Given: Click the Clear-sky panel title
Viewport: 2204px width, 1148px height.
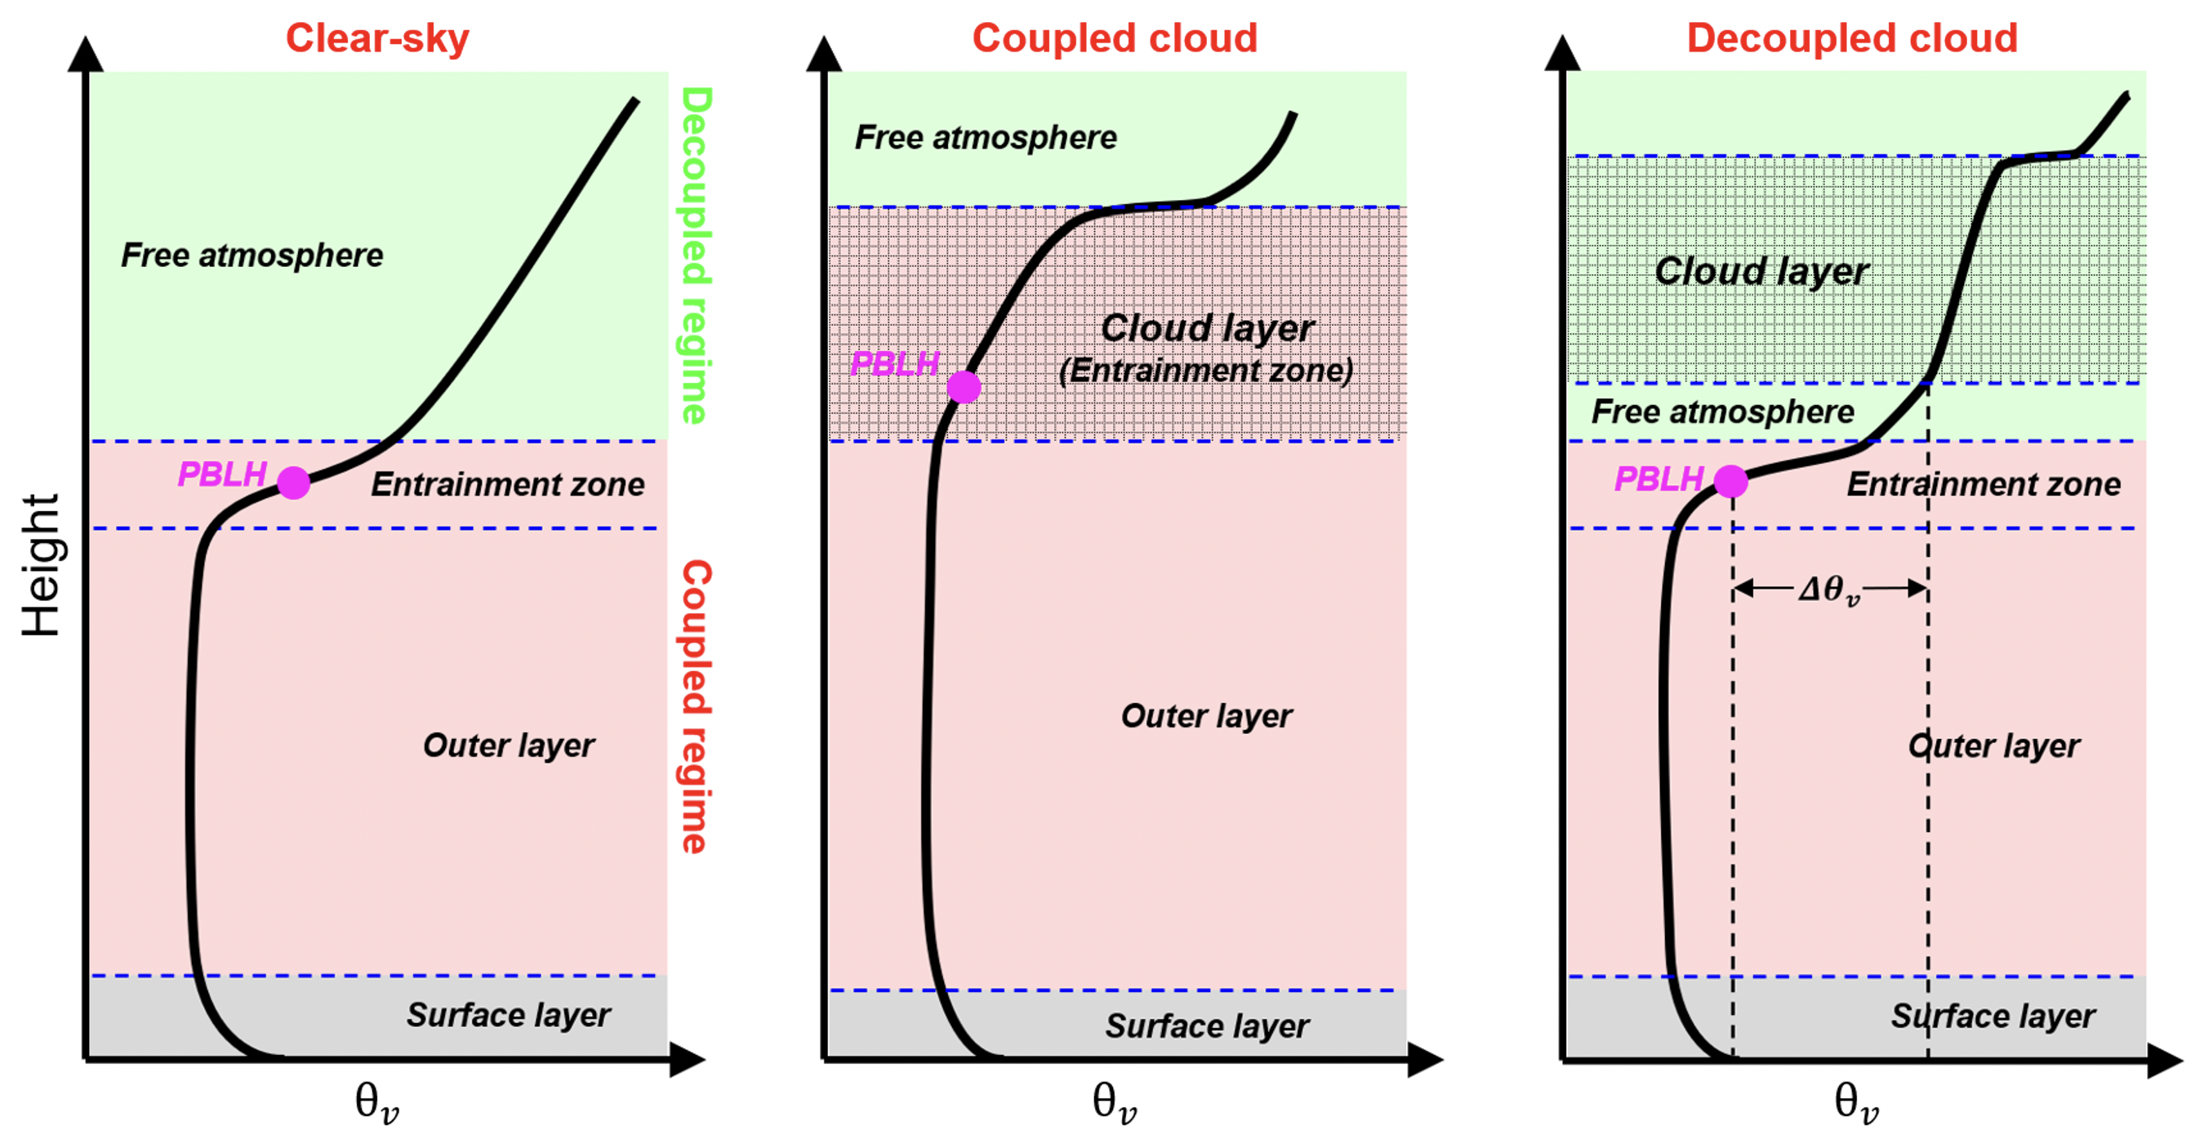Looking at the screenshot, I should tap(377, 38).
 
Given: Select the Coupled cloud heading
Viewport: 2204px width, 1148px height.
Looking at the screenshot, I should tap(1115, 38).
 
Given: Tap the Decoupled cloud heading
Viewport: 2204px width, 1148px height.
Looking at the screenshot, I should tap(1852, 38).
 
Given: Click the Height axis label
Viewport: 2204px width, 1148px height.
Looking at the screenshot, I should tap(41, 564).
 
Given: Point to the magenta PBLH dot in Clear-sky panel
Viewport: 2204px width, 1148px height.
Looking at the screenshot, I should tap(293, 483).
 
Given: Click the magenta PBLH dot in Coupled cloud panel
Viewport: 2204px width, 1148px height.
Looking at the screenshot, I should tap(964, 387).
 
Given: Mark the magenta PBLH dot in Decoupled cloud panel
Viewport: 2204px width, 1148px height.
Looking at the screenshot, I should tap(1731, 481).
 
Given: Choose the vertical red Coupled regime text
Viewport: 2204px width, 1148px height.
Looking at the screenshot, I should tap(696, 706).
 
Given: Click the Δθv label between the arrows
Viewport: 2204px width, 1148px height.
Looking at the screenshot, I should tap(1829, 590).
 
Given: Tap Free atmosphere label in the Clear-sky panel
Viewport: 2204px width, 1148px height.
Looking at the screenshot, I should tap(252, 255).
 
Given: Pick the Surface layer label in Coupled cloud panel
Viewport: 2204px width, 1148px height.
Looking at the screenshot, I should tap(1206, 1026).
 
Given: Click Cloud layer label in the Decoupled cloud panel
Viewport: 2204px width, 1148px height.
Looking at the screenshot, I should tap(1761, 271).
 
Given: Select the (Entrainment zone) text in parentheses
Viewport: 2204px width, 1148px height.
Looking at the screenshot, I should tap(1206, 371).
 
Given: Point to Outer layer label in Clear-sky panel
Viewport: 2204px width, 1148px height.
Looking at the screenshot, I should tap(508, 745).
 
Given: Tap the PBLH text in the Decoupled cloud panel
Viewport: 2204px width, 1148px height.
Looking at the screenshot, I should tap(1659, 479).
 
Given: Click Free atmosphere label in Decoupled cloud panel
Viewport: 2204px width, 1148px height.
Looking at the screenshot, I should tap(1722, 412).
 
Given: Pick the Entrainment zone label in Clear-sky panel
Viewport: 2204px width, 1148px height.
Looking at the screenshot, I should tap(507, 484).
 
